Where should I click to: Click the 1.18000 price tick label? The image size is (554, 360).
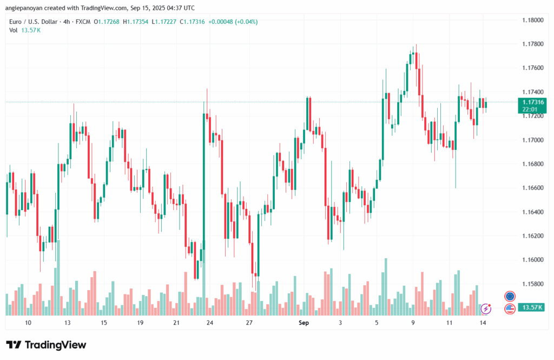click(x=532, y=20)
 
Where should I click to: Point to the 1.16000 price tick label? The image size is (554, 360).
click(x=532, y=260)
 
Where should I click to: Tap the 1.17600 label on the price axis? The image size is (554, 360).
click(x=532, y=68)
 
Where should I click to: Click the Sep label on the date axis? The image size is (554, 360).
click(x=304, y=323)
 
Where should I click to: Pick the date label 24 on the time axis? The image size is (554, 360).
click(x=210, y=323)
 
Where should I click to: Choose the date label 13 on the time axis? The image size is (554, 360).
click(x=68, y=323)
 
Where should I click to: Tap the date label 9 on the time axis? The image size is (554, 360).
click(x=413, y=323)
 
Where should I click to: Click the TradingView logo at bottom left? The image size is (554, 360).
click(x=46, y=345)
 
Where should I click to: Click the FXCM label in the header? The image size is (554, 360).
click(x=82, y=22)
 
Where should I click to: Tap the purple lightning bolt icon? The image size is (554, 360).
click(x=486, y=309)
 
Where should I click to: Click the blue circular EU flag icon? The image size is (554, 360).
click(x=510, y=296)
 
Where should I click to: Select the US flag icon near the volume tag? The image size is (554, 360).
click(x=510, y=309)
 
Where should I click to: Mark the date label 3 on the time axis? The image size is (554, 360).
click(x=340, y=323)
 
